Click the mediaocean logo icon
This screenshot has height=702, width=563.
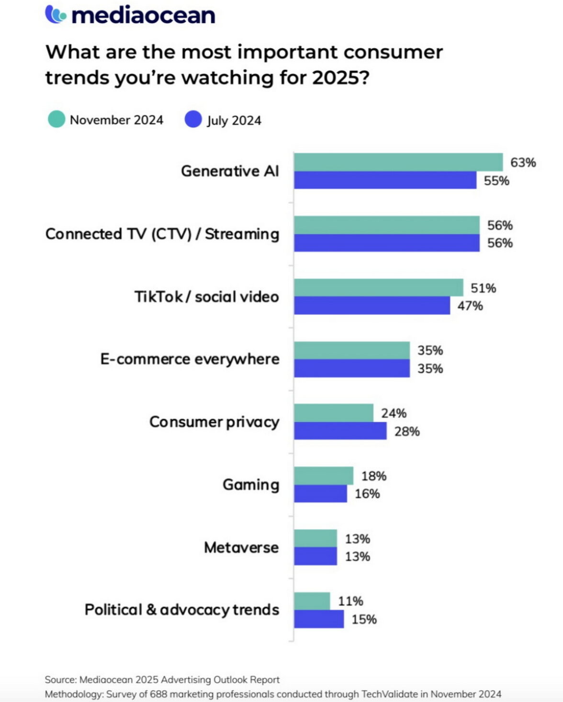point(56,14)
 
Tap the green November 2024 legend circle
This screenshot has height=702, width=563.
point(56,119)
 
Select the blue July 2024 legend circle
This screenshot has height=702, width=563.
point(193,119)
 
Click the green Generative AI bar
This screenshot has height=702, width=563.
point(398,162)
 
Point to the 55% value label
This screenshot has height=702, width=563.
point(496,181)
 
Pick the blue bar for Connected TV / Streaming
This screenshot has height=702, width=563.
point(386,243)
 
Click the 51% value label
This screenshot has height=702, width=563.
point(483,288)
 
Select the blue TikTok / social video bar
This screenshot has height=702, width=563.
point(372,306)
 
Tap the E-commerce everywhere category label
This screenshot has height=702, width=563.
point(190,359)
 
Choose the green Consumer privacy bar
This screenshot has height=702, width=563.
point(333,412)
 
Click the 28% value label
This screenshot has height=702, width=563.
point(407,432)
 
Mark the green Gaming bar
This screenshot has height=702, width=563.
point(323,476)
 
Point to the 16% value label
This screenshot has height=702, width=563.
point(367,494)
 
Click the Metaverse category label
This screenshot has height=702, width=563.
point(241,547)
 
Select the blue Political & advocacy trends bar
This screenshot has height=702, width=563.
point(318,619)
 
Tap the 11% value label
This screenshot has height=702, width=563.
point(350,601)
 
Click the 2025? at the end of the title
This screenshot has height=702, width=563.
point(341,78)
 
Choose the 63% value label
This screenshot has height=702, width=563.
point(523,163)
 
